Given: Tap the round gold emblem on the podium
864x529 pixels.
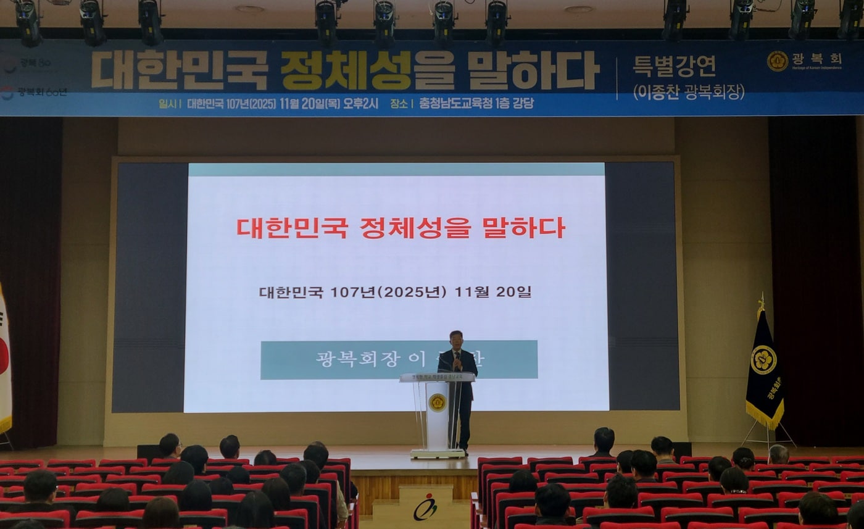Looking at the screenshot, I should [x=437, y=402].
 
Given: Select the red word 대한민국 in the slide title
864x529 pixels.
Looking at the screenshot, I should [x=292, y=227].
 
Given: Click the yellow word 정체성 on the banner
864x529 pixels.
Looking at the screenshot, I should [x=346, y=70].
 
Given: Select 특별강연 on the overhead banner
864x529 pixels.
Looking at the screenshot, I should [x=675, y=65].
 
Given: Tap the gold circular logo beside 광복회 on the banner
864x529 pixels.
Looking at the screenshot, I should [x=777, y=60].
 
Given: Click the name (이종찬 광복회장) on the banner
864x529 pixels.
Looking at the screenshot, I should [x=688, y=92].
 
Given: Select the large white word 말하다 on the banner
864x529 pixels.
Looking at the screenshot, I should [x=533, y=70].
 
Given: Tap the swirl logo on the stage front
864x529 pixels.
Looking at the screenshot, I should [x=425, y=507].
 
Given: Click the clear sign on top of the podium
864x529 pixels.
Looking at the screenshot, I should [x=437, y=377].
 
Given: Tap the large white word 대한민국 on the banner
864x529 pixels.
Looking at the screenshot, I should [x=180, y=70].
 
